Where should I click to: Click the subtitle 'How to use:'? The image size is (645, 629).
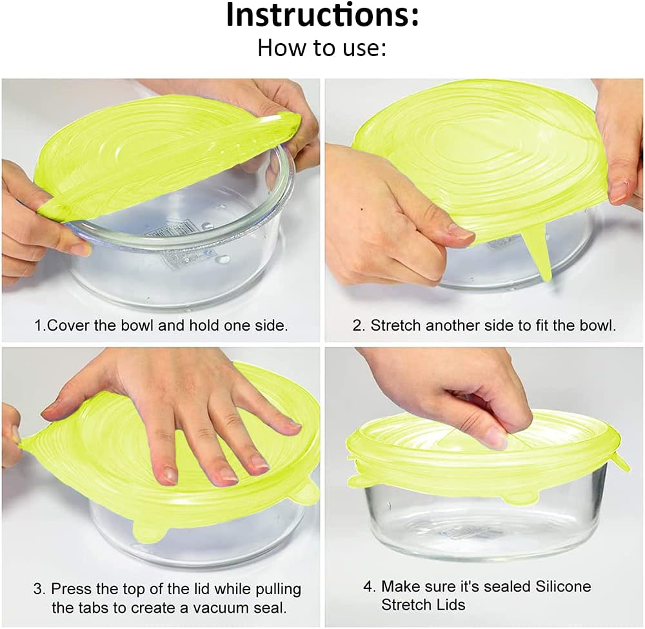coord(322,48)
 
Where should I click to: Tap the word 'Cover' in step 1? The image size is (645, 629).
coord(69,325)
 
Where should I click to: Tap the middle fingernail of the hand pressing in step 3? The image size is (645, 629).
coord(228,476)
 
